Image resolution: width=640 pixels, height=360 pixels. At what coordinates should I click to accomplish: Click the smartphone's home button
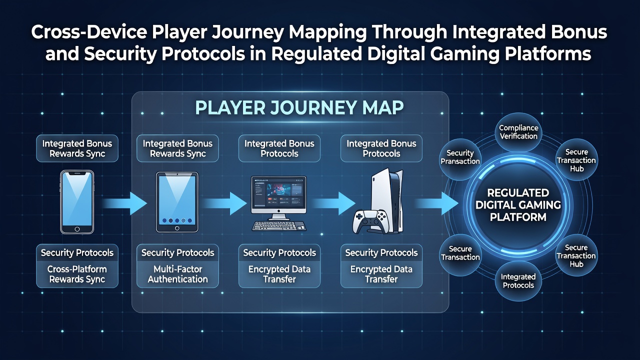pos(77,229)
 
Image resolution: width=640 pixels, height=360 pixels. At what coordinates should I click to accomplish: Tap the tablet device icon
pos(177,202)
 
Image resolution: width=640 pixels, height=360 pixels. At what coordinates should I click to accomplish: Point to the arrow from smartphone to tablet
pos(124,203)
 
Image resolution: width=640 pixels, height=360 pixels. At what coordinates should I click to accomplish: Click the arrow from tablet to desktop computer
pos(225,203)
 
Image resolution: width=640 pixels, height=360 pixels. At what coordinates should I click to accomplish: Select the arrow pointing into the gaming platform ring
pos(436,203)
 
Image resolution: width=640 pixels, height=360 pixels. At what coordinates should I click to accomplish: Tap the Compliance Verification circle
pos(518,132)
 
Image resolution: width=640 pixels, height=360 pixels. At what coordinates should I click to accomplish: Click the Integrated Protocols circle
pos(518,281)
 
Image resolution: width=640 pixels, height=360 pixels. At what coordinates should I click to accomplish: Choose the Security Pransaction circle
pos(460,157)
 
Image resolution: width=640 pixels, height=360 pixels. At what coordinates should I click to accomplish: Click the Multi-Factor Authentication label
pos(177,274)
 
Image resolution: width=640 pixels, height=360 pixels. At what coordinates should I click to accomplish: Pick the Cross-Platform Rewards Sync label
pos(77,274)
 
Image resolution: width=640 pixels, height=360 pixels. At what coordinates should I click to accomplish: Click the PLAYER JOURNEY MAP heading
pos(299,107)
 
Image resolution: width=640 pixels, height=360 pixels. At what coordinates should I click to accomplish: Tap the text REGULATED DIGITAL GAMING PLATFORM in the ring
pos(518,205)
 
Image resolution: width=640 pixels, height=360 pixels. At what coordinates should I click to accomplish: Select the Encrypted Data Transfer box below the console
pos(381,274)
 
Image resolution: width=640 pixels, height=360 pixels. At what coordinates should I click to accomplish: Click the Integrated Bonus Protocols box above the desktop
pos(279,148)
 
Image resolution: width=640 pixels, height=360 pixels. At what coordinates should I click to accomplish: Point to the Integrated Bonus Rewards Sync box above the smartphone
pos(77,148)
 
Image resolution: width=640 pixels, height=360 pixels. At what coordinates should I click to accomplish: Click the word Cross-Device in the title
pos(89,32)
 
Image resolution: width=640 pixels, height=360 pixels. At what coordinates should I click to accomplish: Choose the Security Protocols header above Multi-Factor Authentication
pos(177,252)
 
